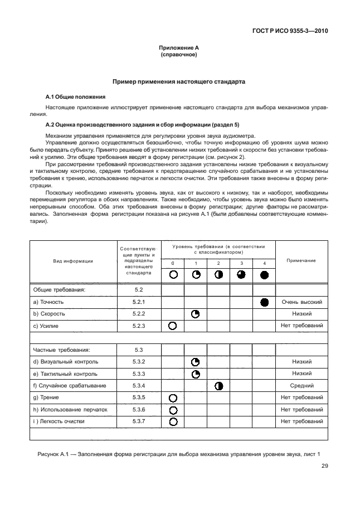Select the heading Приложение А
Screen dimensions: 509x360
[x=179, y=49]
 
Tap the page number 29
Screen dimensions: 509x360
[x=324, y=467]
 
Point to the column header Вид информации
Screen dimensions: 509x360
[x=72, y=260]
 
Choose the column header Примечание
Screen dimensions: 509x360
[x=301, y=260]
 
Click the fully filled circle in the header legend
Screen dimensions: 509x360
[x=264, y=274]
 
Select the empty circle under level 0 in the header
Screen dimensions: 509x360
[x=173, y=274]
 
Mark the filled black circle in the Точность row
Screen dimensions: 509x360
[x=264, y=302]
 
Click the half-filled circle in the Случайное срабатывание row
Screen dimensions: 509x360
[x=218, y=385]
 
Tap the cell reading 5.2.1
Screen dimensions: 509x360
[x=139, y=302]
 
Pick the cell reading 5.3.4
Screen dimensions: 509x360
[x=139, y=385]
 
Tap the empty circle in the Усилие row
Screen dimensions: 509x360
[x=173, y=325]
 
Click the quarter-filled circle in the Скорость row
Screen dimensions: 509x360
[x=196, y=314]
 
